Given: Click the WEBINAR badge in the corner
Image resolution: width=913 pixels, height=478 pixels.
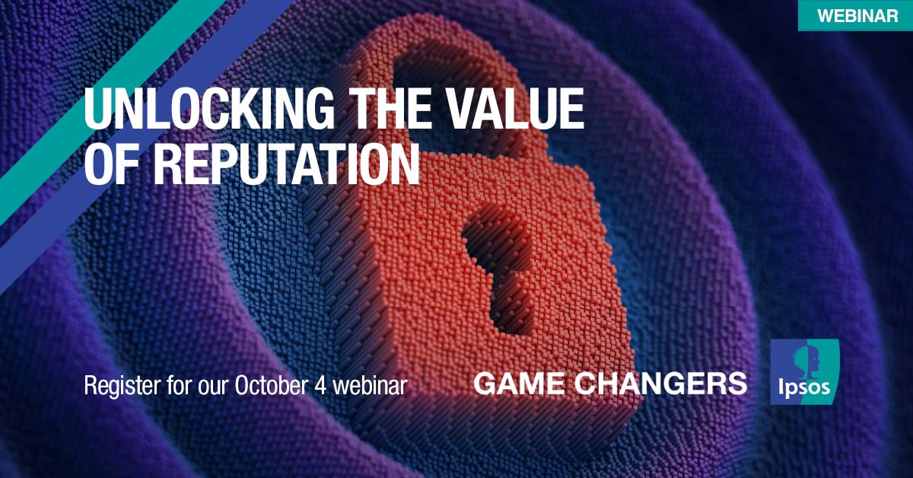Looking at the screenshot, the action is click(855, 15).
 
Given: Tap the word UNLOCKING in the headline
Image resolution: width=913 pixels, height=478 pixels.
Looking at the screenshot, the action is click(209, 109).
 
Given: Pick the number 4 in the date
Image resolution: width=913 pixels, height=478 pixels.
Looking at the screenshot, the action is click(320, 385).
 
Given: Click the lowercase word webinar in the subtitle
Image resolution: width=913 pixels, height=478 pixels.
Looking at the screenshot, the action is click(370, 385).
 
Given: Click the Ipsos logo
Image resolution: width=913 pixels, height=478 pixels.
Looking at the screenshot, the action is click(805, 371).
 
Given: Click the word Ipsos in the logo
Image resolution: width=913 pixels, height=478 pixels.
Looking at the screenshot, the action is click(804, 387).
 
